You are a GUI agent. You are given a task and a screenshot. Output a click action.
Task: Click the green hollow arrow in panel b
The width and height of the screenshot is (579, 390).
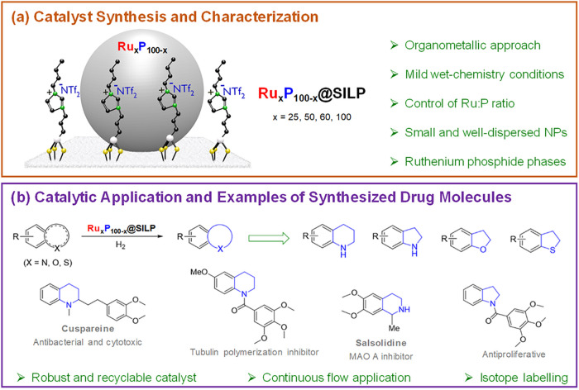click(x=269, y=238)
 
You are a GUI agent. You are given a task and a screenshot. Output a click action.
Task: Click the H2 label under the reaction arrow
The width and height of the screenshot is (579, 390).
click(x=121, y=245)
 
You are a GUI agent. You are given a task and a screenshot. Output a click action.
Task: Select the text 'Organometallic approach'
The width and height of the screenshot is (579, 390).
click(x=472, y=45)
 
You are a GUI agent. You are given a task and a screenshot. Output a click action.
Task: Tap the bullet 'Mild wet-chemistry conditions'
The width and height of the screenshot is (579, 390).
click(x=485, y=74)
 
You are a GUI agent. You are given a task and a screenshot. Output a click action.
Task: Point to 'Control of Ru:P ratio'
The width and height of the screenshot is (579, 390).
click(x=459, y=103)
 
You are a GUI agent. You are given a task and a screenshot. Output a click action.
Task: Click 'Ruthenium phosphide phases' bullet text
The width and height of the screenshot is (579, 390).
click(x=486, y=162)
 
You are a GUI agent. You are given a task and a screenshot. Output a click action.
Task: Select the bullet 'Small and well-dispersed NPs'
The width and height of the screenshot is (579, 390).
click(x=486, y=132)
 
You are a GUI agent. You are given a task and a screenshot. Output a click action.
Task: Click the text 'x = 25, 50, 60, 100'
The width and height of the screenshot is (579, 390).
click(x=312, y=117)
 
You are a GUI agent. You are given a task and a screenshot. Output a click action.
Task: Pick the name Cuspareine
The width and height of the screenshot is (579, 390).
click(x=88, y=328)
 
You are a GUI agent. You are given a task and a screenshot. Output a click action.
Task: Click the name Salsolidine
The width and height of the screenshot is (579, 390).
click(x=381, y=343)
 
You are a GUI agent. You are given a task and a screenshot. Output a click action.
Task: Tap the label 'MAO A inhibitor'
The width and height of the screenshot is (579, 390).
click(x=381, y=356)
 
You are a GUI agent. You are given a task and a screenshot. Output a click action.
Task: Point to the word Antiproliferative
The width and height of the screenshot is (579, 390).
click(x=514, y=354)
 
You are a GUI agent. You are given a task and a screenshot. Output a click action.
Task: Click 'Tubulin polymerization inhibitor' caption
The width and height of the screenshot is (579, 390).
click(x=255, y=352)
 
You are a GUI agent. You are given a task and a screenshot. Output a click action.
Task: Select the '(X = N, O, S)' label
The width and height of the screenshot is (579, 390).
click(x=48, y=263)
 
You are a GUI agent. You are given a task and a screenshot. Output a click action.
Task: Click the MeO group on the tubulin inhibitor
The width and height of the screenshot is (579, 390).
click(x=199, y=273)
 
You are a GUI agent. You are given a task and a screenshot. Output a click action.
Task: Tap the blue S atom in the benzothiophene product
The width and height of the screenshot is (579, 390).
click(x=553, y=250)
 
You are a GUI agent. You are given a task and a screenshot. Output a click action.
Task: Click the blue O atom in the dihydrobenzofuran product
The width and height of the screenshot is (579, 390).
click(x=483, y=250)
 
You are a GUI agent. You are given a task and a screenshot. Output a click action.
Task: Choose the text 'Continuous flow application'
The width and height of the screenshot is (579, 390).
click(x=337, y=378)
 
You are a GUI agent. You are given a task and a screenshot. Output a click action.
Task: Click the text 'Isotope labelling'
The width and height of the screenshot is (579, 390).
click(x=524, y=378)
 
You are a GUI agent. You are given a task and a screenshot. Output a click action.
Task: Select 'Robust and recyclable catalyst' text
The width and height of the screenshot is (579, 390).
click(x=114, y=378)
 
